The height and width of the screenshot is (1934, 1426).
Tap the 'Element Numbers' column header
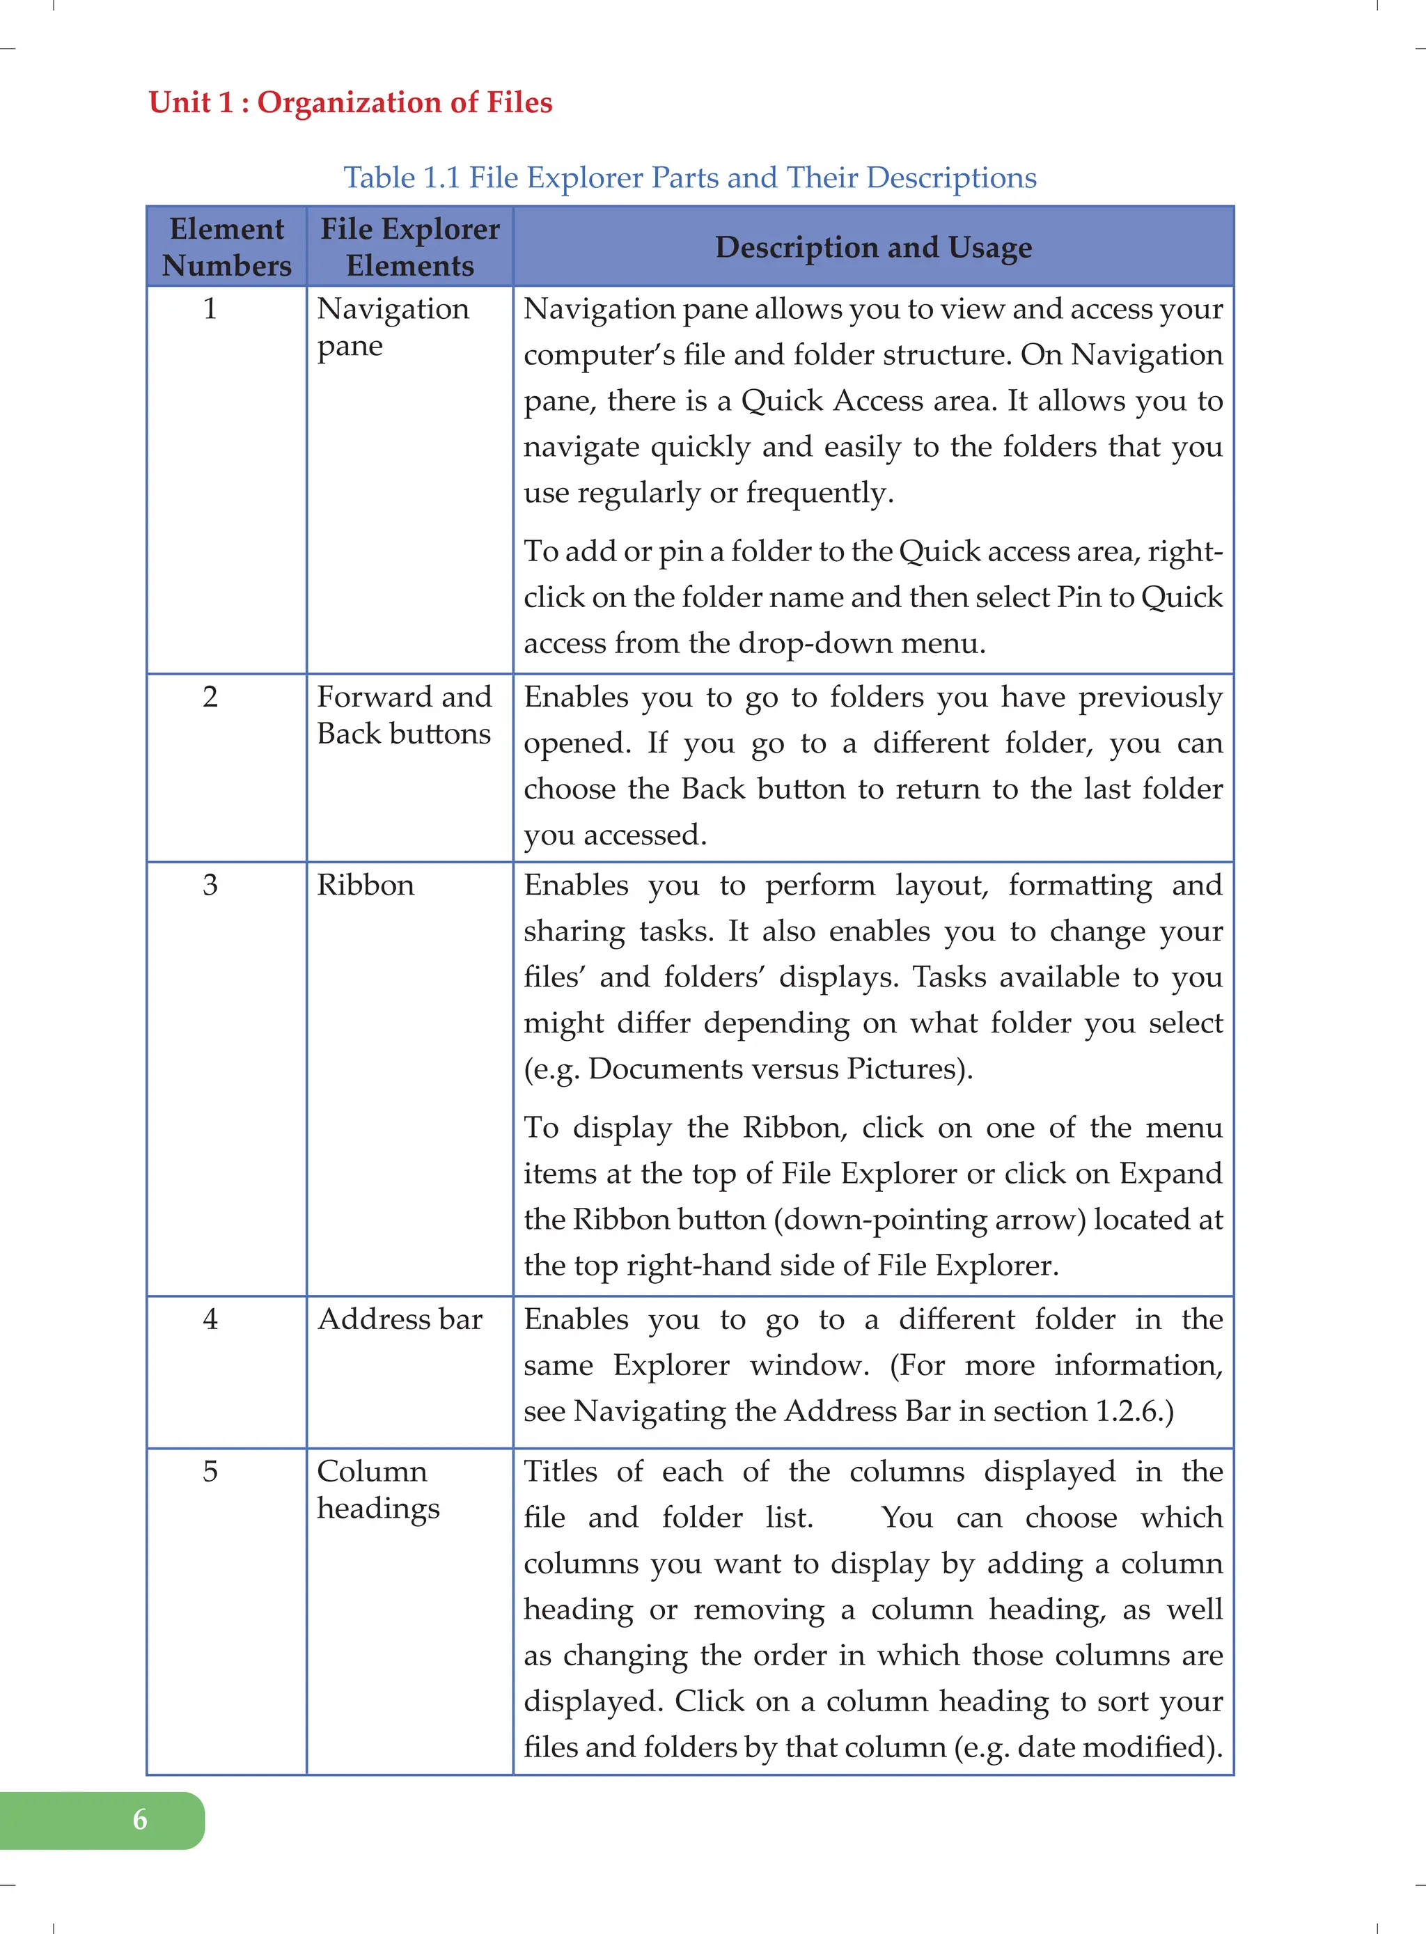pyautogui.click(x=227, y=247)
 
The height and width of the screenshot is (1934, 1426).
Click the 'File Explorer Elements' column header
pyautogui.click(x=410, y=247)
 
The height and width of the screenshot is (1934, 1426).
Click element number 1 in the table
pyautogui.click(x=210, y=309)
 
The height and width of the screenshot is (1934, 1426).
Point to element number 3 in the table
pyautogui.click(x=210, y=886)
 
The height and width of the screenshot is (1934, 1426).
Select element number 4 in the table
pyautogui.click(x=210, y=1319)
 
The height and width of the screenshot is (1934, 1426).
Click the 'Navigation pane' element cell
pyautogui.click(x=393, y=327)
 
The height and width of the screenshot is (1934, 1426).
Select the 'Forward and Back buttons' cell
pyautogui.click(x=404, y=716)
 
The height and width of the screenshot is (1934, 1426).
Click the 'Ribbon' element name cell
pyautogui.click(x=365, y=886)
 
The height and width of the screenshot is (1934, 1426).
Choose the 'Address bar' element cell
pyautogui.click(x=400, y=1319)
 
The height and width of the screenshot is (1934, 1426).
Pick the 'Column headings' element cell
pyautogui.click(x=378, y=1490)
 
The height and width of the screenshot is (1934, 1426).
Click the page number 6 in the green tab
pyautogui.click(x=140, y=1820)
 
